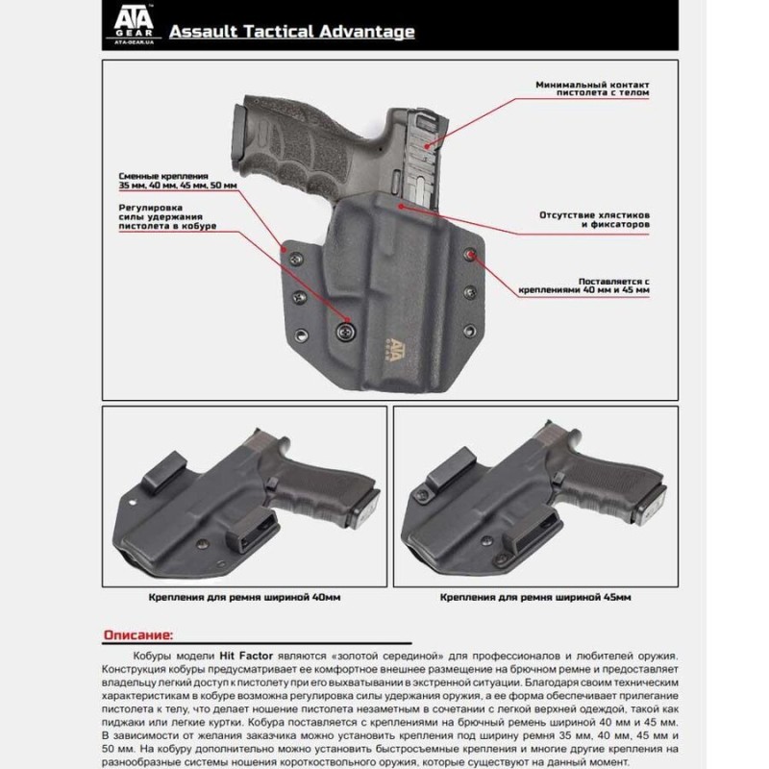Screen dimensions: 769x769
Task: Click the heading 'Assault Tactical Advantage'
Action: (x=291, y=32)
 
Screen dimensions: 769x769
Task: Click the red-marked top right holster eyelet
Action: (x=470, y=255)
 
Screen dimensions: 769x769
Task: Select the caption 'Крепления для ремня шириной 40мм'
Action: (x=244, y=597)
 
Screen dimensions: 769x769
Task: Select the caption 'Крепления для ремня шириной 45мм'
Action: (x=535, y=597)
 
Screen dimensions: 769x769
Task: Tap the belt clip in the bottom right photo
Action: (x=453, y=475)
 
